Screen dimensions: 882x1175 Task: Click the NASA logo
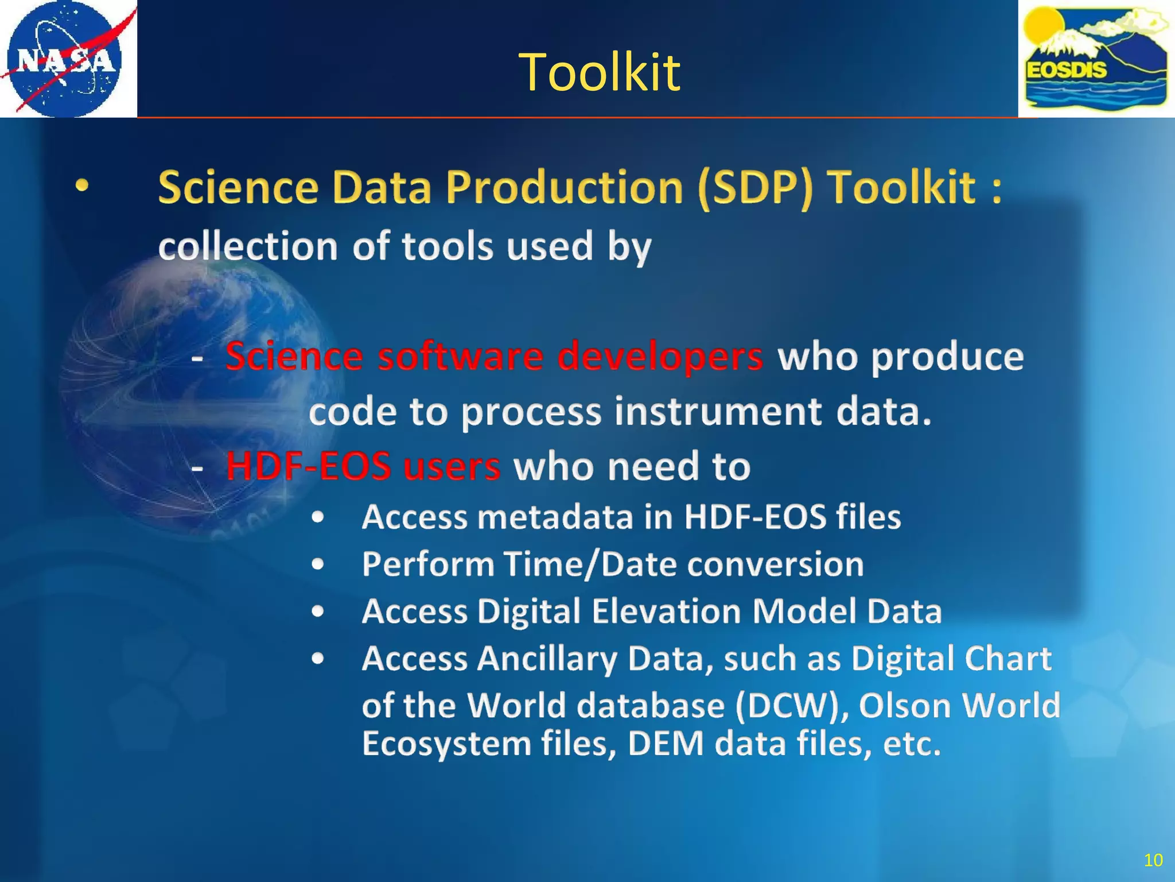click(68, 59)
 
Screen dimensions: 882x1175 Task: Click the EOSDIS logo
click(1096, 59)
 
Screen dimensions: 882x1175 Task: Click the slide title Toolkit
click(599, 72)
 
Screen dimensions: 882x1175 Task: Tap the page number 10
click(1153, 860)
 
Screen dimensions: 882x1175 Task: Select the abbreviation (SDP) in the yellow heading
click(756, 188)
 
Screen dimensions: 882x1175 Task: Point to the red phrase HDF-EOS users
click(363, 466)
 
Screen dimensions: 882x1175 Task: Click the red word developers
click(660, 356)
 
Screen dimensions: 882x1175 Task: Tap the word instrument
click(718, 412)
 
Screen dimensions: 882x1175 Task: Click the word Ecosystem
click(447, 744)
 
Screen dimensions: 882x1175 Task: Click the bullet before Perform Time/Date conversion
click(318, 564)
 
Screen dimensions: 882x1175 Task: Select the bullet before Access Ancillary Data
click(318, 659)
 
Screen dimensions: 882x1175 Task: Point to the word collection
click(248, 246)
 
